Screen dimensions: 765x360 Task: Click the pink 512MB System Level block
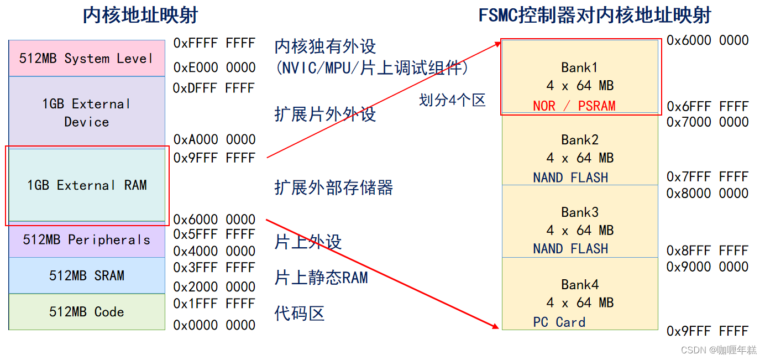[x=86, y=58]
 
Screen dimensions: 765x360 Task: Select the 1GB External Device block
[x=86, y=112]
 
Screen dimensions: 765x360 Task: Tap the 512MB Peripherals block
[x=86, y=240]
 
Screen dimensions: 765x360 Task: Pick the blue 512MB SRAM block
[x=86, y=275]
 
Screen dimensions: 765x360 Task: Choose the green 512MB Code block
[x=86, y=312]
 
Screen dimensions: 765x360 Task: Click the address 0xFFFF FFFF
[x=214, y=43]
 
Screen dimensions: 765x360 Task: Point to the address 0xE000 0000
[x=214, y=67]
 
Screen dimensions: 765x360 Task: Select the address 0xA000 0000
[x=214, y=139]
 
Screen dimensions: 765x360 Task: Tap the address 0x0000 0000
[x=214, y=325]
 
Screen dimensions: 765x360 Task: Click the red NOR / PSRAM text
[x=574, y=106]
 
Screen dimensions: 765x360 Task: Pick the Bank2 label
[x=580, y=140]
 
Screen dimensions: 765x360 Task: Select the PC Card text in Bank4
[x=559, y=322]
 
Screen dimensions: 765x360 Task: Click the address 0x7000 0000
[x=708, y=122]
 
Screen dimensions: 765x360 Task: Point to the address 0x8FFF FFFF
[x=708, y=251]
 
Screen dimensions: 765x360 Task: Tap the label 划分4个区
[x=452, y=100]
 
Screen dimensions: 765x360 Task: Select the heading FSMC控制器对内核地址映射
[x=595, y=15]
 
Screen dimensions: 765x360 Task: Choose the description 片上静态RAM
[x=321, y=277]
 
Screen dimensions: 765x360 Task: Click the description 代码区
[x=299, y=314]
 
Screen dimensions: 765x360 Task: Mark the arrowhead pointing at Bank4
[x=495, y=326]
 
